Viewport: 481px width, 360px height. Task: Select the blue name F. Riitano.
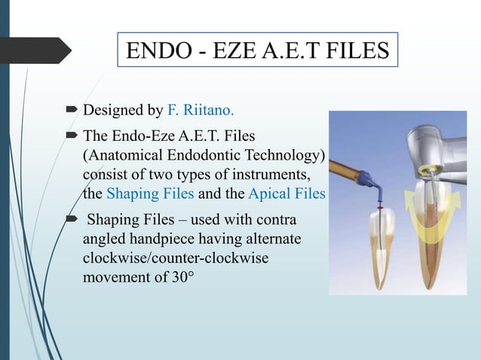click(200, 111)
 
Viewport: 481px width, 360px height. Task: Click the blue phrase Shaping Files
click(149, 193)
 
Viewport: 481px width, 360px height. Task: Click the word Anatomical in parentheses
click(123, 155)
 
